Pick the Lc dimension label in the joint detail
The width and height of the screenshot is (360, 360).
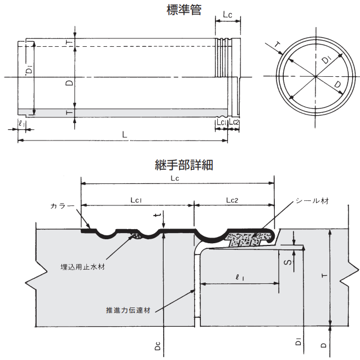175,178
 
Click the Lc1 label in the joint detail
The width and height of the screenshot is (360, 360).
138,200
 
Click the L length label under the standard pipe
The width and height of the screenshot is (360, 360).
124,134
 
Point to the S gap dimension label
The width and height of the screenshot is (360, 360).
287,263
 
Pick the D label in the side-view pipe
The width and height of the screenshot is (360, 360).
68,83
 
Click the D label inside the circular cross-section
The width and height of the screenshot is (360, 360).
337,85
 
